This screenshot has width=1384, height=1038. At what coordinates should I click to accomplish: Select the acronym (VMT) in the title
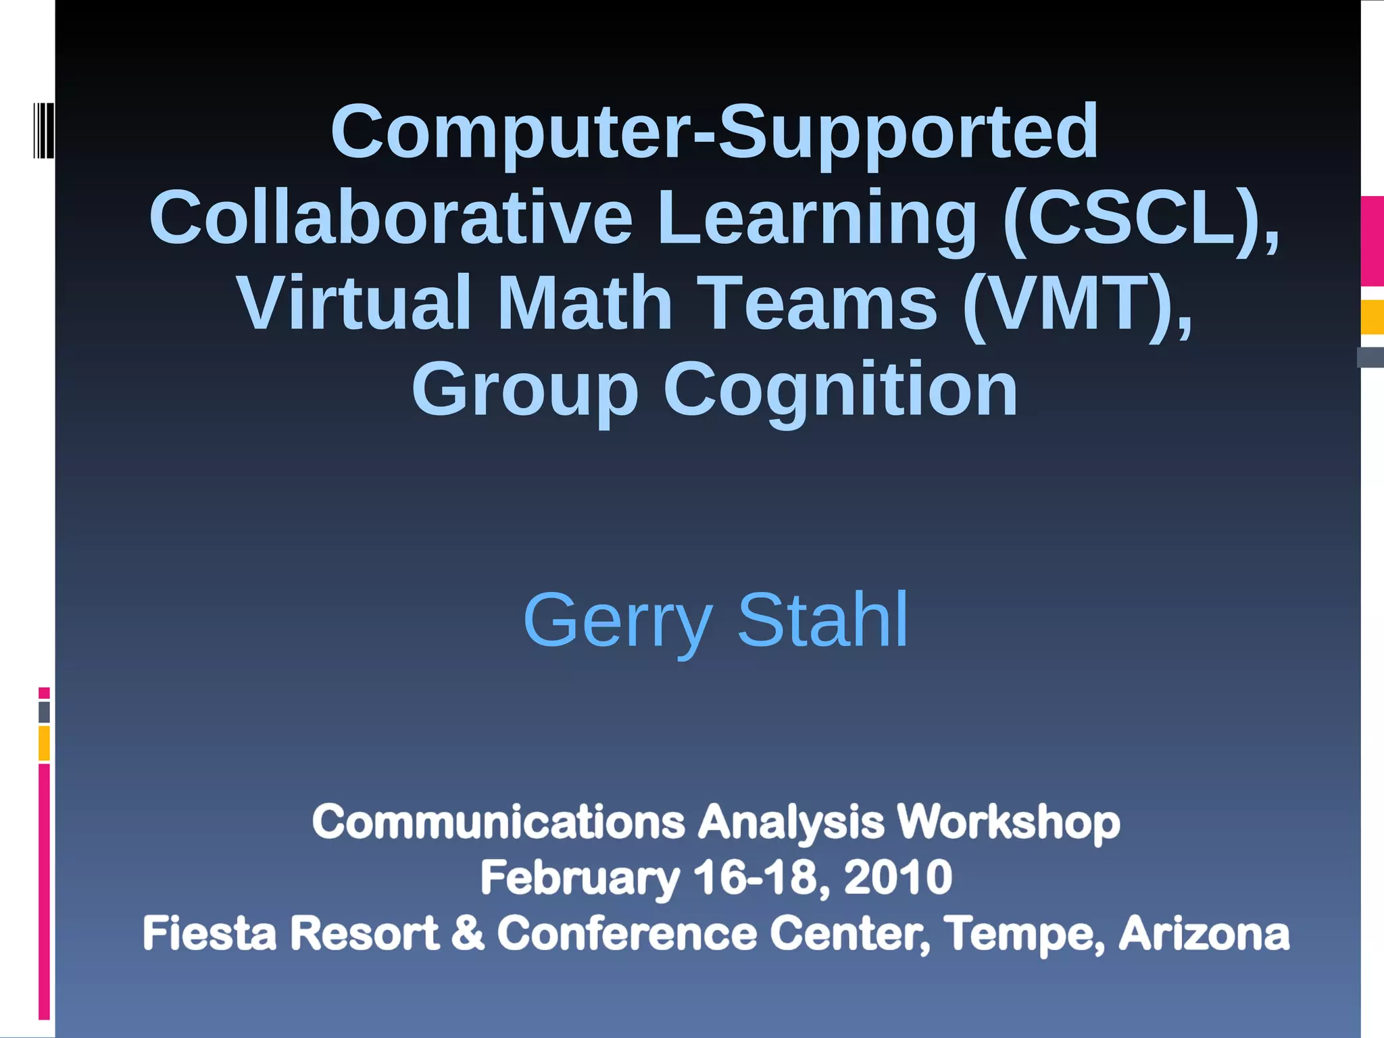pos(1077,303)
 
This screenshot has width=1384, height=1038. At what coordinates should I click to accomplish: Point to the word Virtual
pos(353,303)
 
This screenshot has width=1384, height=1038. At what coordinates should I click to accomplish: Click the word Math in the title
pos(585,303)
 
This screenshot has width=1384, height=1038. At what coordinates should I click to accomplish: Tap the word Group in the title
pos(524,391)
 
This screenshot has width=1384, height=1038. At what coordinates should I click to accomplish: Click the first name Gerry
pos(617,620)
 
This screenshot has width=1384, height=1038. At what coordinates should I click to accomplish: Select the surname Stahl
pos(822,619)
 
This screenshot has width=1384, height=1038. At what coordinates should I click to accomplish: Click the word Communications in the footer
pos(499,822)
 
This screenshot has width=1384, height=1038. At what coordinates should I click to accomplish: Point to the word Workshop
pos(1008,822)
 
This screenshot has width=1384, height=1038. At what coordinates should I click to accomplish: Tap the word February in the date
pos(580,879)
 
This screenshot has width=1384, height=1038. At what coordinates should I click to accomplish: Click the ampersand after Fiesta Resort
pos(468,933)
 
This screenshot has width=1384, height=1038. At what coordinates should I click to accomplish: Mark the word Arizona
pos(1204,933)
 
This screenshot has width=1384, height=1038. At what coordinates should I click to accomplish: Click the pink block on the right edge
pos(1372,241)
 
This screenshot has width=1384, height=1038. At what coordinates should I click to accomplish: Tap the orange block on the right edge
pos(1372,317)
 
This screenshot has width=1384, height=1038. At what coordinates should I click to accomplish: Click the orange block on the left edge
pos(44,743)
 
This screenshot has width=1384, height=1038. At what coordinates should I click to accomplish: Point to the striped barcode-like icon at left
pos(44,130)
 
